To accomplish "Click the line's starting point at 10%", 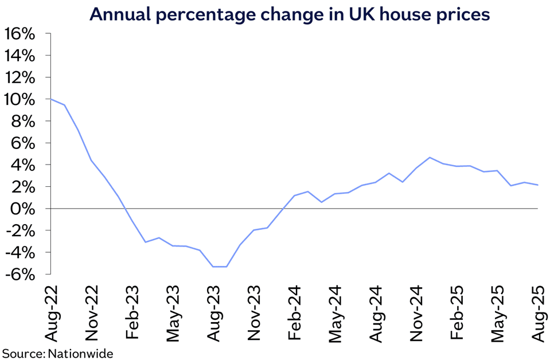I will [51, 99].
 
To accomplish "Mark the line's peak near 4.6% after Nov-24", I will [430, 157].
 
